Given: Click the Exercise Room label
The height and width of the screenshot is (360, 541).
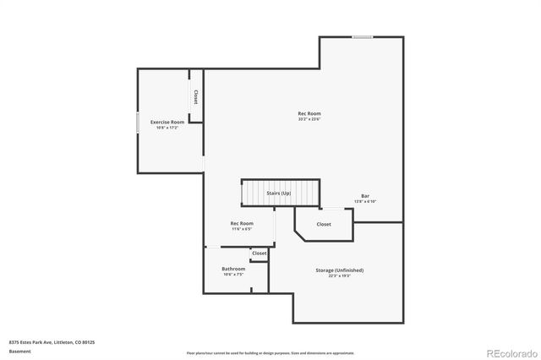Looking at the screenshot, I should click(167, 123).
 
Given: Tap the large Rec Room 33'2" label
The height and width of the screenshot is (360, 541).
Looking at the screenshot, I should click(309, 114).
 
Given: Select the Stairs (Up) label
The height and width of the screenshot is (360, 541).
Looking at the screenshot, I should click(279, 194).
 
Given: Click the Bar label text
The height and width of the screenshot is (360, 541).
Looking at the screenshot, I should click(365, 196).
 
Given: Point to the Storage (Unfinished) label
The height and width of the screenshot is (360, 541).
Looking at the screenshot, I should click(340, 270).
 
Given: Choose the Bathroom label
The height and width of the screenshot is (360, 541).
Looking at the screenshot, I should click(233, 269).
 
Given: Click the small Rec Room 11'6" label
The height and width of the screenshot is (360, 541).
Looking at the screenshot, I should click(242, 224).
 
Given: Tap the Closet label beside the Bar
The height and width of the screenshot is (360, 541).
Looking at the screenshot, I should click(324, 224).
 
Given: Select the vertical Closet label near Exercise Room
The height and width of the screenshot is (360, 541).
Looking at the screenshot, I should click(196, 96).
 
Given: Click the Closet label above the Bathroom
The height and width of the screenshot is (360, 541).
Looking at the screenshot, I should click(259, 253).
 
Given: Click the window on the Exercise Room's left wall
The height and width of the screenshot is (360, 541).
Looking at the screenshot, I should click(138, 123).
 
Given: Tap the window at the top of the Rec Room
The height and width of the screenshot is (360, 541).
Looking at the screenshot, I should click(363, 36).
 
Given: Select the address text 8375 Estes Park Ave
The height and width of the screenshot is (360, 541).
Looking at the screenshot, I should click(52, 342).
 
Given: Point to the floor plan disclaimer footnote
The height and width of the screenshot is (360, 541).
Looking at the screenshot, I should click(270, 353).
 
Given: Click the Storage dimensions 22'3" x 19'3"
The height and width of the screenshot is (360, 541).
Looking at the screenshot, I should click(340, 275).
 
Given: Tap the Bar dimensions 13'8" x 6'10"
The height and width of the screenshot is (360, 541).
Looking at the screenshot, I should click(365, 202).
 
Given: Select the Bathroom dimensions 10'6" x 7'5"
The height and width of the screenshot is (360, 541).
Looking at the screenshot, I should click(233, 275).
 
